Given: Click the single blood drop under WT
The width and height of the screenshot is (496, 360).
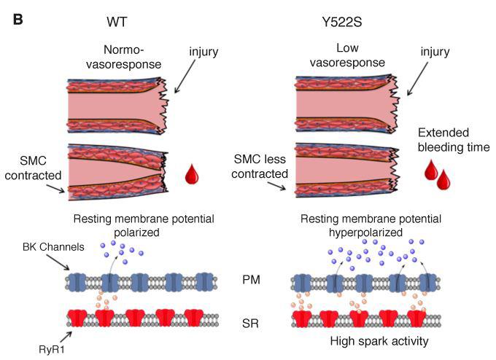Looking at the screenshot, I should click(192, 174).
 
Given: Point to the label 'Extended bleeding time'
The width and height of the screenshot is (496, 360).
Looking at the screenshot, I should click(452, 141).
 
